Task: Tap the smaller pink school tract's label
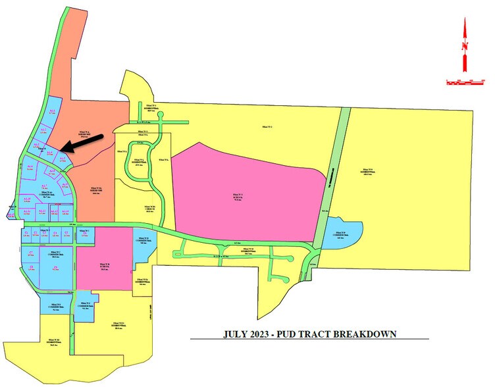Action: [x=103, y=265]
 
